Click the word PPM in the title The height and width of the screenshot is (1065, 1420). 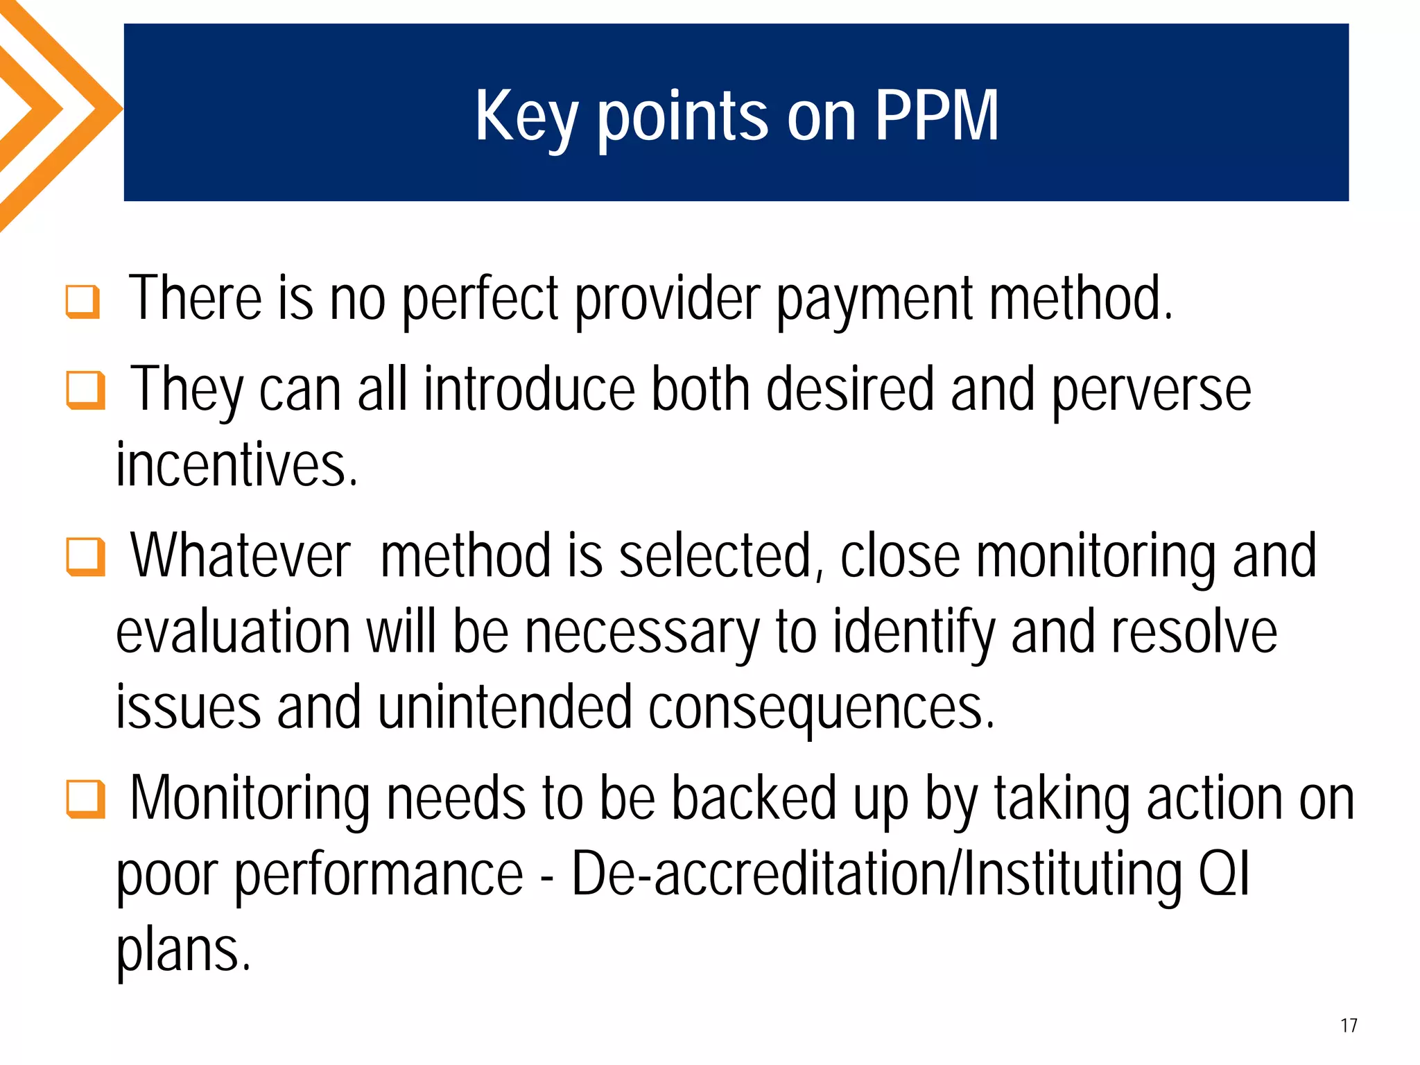(936, 116)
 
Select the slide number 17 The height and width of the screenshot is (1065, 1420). (1349, 1025)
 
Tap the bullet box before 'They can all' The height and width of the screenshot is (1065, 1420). (85, 390)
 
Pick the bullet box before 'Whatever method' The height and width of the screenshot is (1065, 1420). (85, 557)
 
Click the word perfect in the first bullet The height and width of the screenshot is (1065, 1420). (480, 300)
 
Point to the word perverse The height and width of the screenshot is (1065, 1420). (1152, 390)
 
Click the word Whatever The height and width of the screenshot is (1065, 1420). (241, 555)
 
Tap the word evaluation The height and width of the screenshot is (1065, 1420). (233, 632)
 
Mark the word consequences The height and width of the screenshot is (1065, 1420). (822, 708)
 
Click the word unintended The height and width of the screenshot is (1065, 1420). (505, 707)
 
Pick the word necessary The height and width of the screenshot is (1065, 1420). (642, 632)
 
